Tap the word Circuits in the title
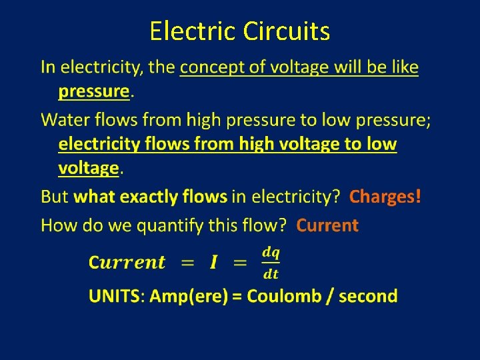[x=287, y=31]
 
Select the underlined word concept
[x=211, y=67]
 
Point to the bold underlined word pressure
[x=93, y=91]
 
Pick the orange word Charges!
[x=385, y=197]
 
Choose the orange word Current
[x=327, y=225]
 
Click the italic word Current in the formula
[x=127, y=262]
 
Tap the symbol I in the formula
[x=213, y=262]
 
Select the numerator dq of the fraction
[x=271, y=253]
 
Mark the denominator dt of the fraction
[x=271, y=273]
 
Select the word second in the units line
[x=369, y=296]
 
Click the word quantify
[x=171, y=226]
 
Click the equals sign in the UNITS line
[x=237, y=297]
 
